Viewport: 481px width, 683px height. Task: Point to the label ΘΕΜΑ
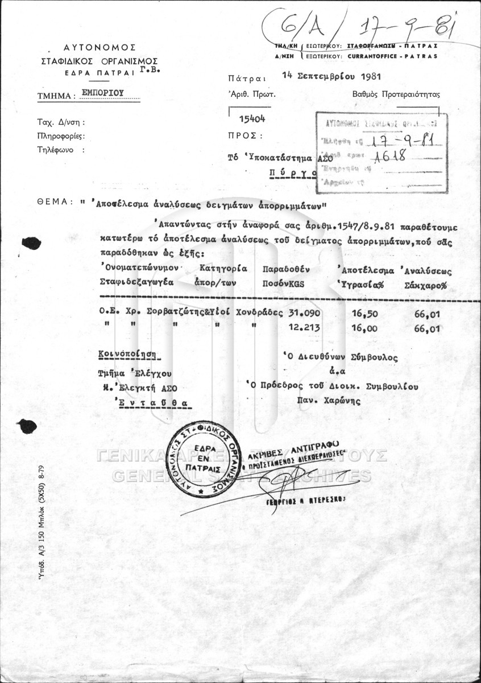(x=55, y=202)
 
